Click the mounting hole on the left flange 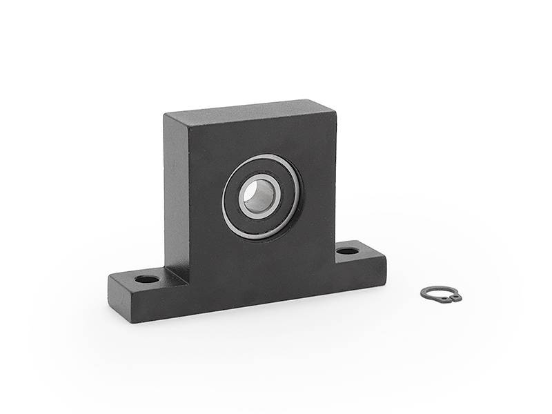pyautogui.click(x=147, y=279)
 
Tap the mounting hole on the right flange pyautogui.click(x=347, y=250)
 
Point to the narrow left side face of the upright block pyautogui.click(x=175, y=193)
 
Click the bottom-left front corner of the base pyautogui.click(x=130, y=322)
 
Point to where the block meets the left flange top pyautogui.click(x=177, y=272)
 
